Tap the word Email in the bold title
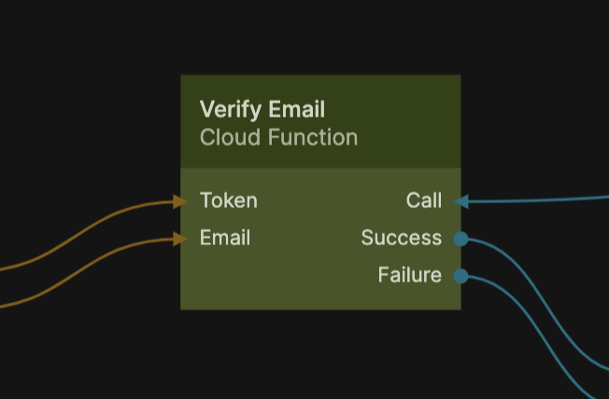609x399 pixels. pos(296,110)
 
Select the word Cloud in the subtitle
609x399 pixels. pos(230,138)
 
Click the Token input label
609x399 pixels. pos(228,200)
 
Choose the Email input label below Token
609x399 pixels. pos(224,238)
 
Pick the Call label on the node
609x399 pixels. pos(423,200)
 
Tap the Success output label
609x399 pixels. pos(401,238)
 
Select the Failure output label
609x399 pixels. pos(409,275)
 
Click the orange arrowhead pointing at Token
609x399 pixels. pos(180,200)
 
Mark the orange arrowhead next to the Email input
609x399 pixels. pos(180,238)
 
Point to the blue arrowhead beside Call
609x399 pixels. pos(460,200)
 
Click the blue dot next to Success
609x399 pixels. pos(460,239)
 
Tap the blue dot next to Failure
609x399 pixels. pos(460,276)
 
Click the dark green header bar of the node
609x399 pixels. pos(411,103)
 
